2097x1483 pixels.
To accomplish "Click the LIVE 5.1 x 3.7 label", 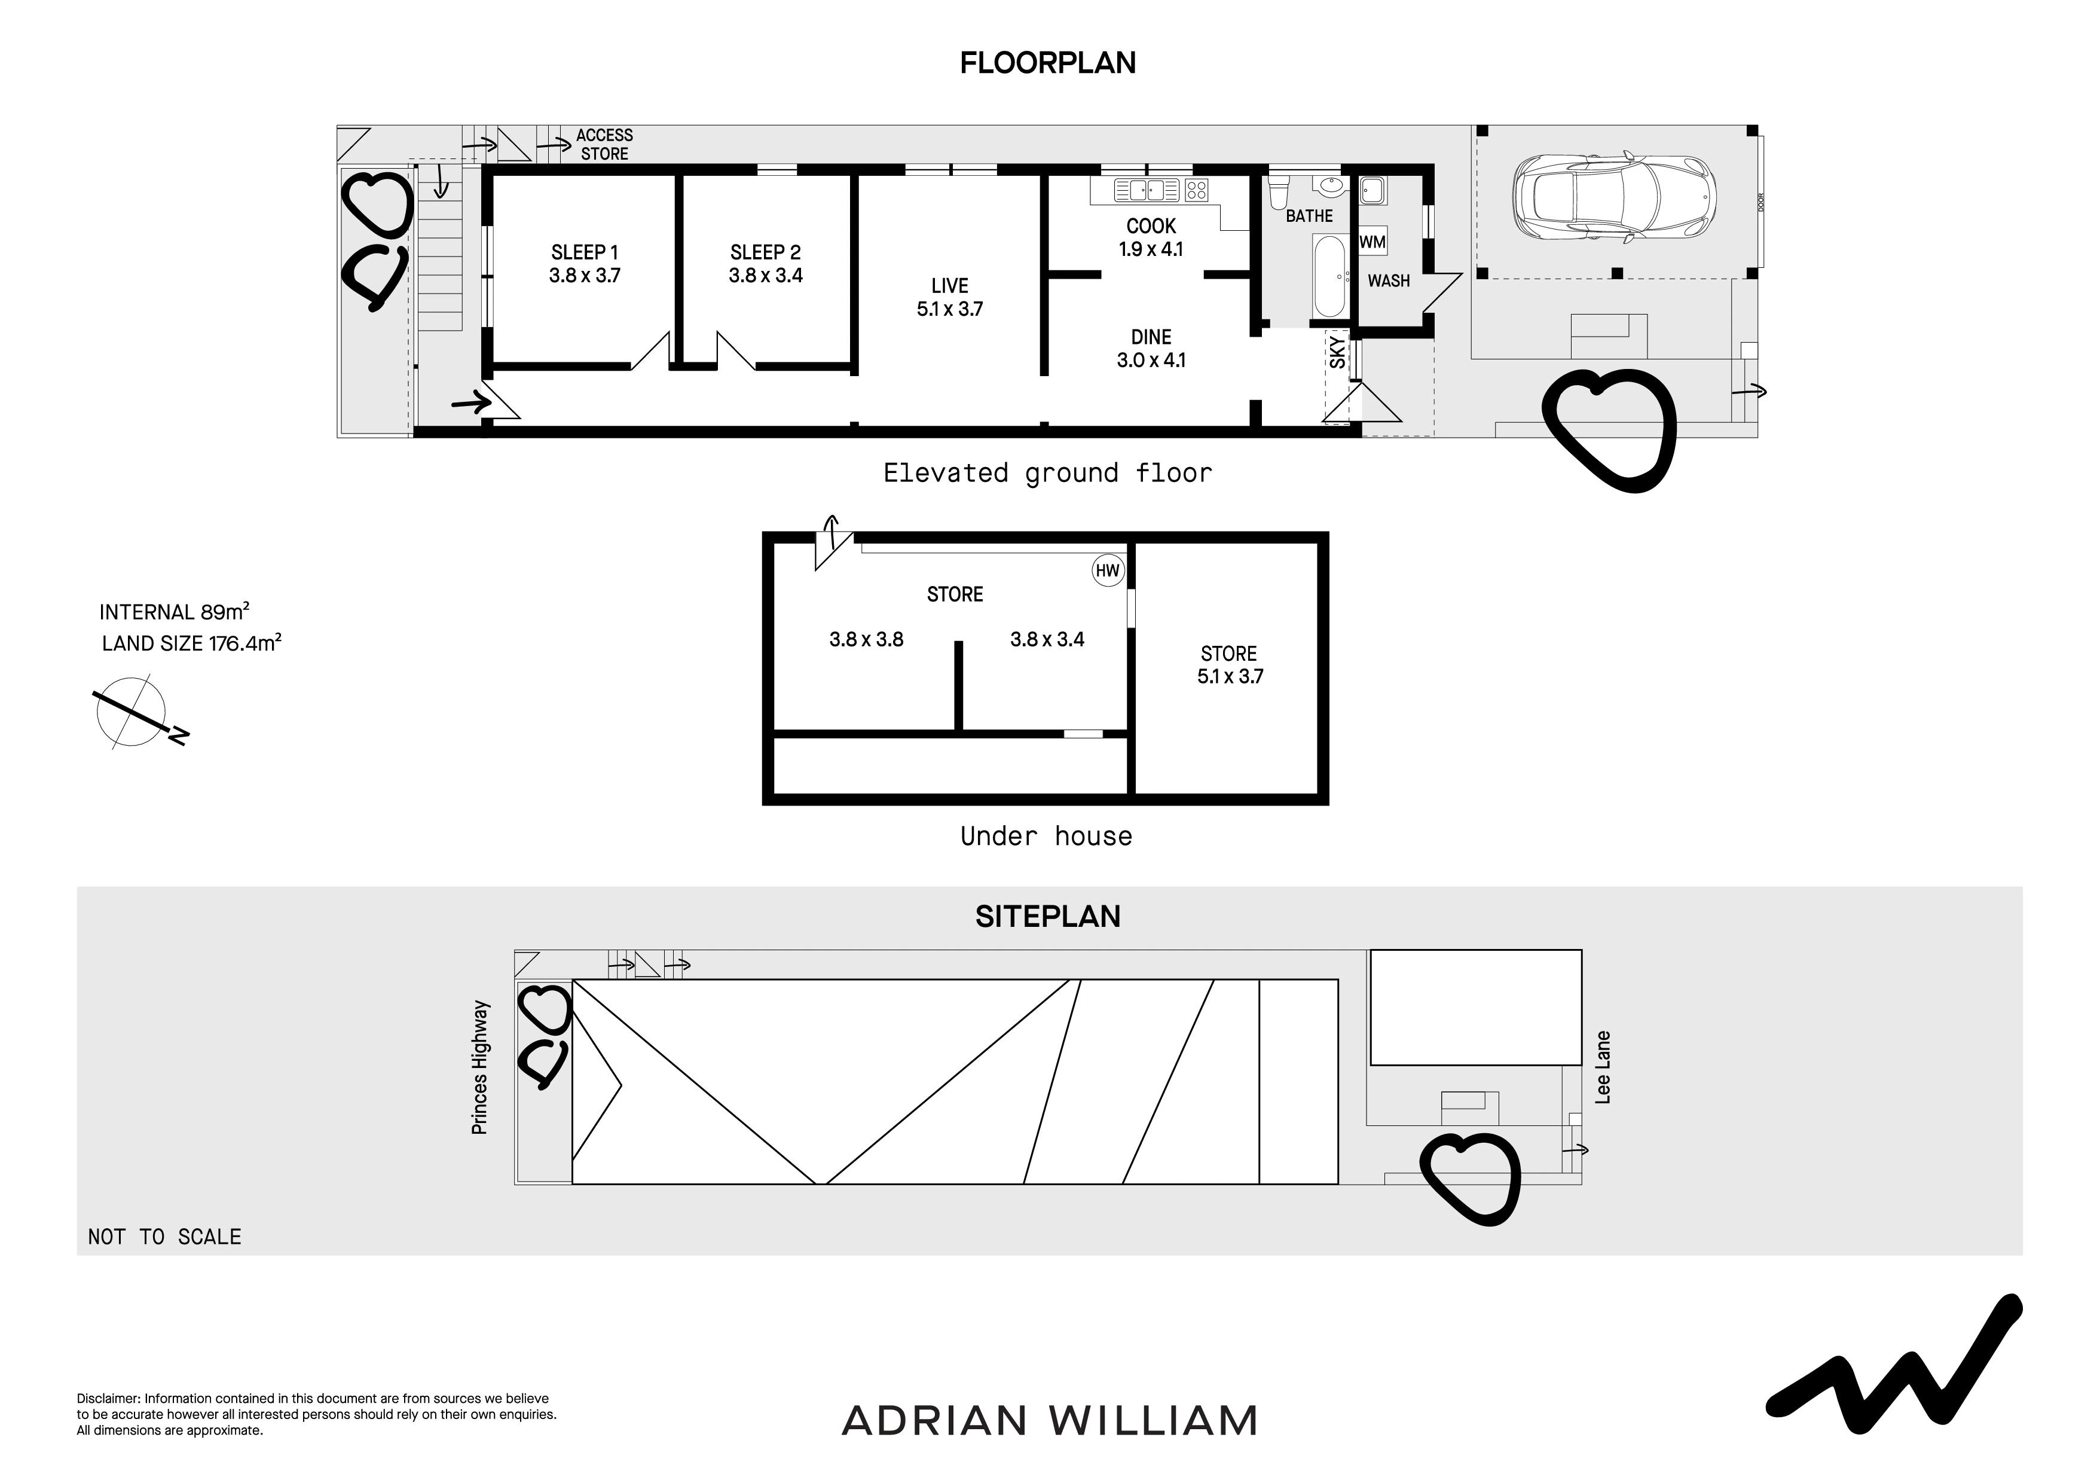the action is click(x=950, y=297).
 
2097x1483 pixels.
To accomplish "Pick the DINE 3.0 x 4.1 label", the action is click(x=1151, y=348).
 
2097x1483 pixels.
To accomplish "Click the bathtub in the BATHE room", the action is click(x=1329, y=276).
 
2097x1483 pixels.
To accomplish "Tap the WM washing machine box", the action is click(x=1372, y=242).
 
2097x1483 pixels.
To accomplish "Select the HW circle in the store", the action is click(x=1108, y=571).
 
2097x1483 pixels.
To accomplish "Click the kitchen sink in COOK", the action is click(x=1148, y=190).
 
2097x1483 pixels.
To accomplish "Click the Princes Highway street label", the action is click(x=479, y=1067).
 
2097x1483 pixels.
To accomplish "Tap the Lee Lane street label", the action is click(x=1603, y=1067).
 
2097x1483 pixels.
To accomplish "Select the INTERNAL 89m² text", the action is click(x=175, y=611).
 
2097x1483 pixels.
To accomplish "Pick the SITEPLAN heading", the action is click(x=1047, y=917).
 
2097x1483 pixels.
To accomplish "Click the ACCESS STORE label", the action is click(x=604, y=144).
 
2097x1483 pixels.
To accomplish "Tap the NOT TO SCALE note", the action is click(x=164, y=1237).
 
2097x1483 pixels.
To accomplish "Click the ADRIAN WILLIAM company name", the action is click(x=1050, y=1420).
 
